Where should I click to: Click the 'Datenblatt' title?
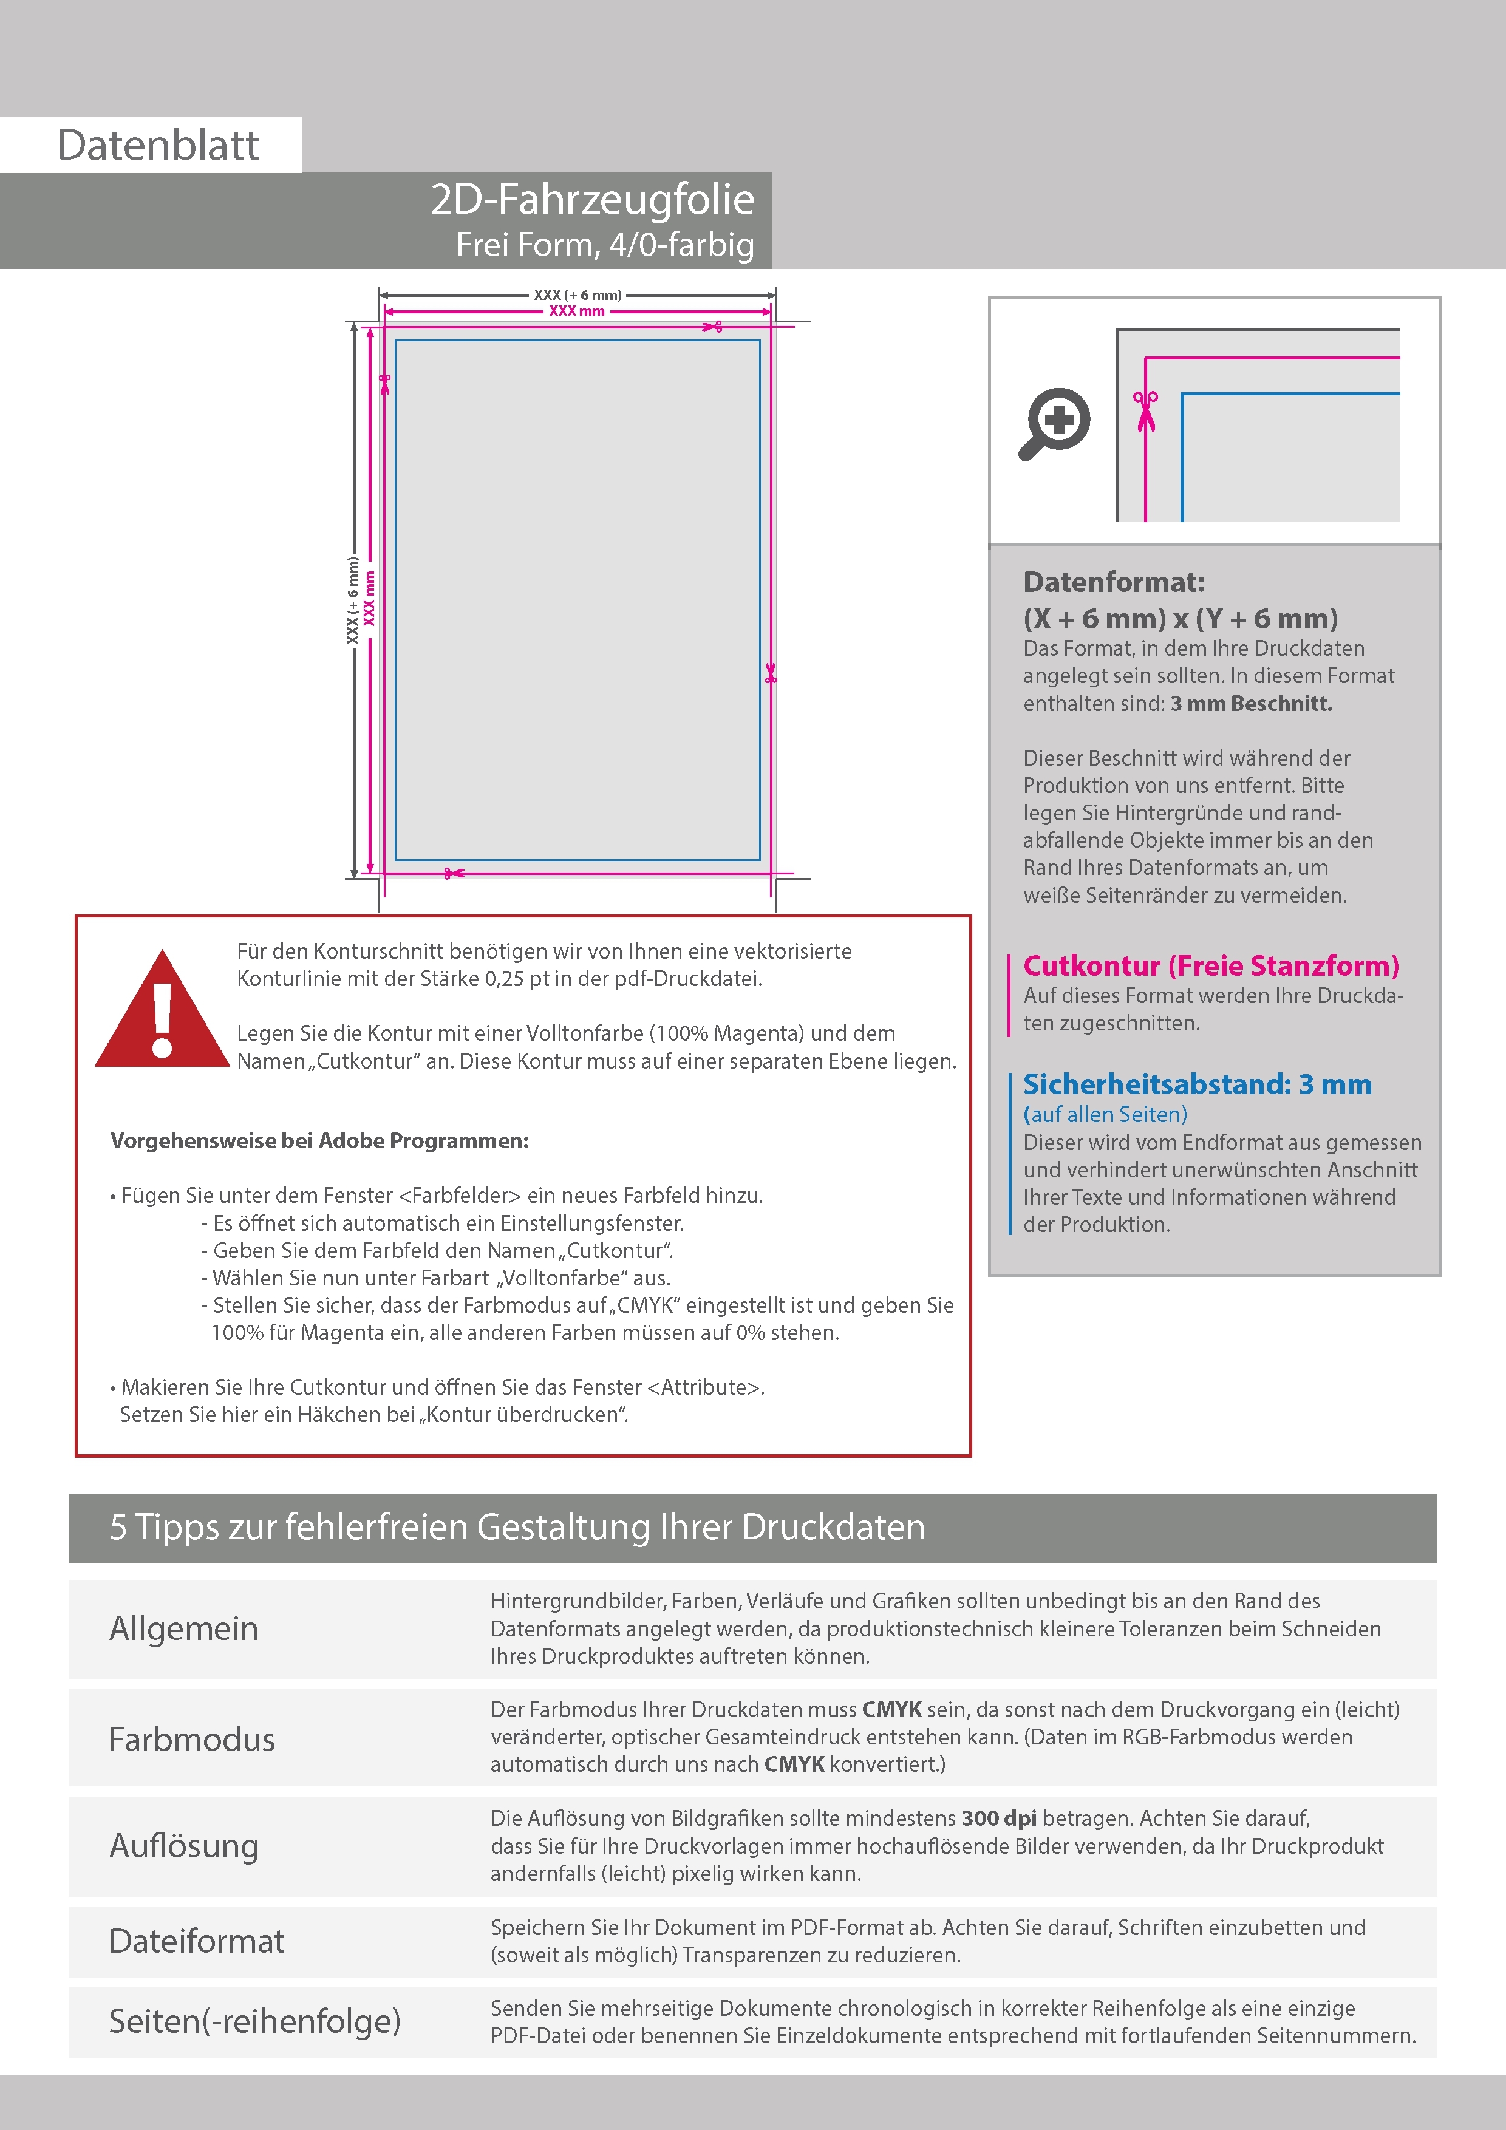click(x=158, y=146)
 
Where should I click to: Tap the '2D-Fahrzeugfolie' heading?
click(x=592, y=199)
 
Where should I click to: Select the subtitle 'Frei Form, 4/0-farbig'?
click(x=605, y=245)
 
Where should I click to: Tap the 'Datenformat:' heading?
click(x=1114, y=583)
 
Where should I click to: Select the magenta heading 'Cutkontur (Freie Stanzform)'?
click(x=1210, y=966)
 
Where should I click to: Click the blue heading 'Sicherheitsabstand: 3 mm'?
click(x=1197, y=1084)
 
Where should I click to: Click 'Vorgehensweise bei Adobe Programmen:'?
click(x=319, y=1141)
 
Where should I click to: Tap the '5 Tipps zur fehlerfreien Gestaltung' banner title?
click(x=517, y=1527)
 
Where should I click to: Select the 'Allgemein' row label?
click(x=184, y=1629)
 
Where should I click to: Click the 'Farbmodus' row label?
click(x=192, y=1740)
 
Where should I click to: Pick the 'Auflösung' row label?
click(x=184, y=1846)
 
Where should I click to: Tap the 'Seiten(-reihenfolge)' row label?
click(x=254, y=2021)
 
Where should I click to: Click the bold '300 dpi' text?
click(x=998, y=1819)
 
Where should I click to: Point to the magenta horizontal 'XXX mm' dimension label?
click(x=576, y=311)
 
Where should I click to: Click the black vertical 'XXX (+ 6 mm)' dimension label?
click(x=353, y=601)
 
